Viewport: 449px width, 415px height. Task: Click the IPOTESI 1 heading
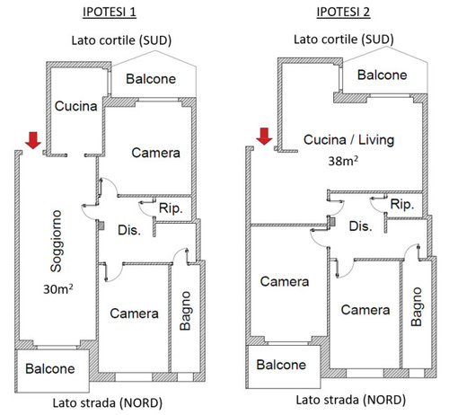[x=110, y=12]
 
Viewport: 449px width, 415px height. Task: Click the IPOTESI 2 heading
[x=343, y=12]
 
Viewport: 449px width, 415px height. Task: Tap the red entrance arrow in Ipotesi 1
[x=33, y=140]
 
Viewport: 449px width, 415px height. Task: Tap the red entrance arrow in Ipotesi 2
[x=264, y=137]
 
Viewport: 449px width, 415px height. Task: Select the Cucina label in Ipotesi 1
[x=76, y=106]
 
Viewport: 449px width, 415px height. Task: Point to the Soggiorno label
[x=56, y=241]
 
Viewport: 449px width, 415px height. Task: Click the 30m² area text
[x=58, y=289]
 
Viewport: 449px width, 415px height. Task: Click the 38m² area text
[x=343, y=161]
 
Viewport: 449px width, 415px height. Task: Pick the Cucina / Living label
[x=348, y=140]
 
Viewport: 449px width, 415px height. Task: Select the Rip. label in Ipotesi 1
[x=171, y=208]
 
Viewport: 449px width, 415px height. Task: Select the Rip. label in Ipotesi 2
[x=402, y=205]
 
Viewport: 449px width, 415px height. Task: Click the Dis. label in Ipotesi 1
[x=129, y=230]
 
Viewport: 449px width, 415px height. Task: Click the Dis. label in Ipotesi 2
[x=360, y=226]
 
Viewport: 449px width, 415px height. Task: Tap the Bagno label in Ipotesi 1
[x=185, y=311]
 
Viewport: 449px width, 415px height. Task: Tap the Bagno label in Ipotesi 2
[x=417, y=307]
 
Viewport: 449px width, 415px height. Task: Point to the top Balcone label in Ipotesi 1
[x=151, y=79]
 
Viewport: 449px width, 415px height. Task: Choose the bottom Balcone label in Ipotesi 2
[x=281, y=365]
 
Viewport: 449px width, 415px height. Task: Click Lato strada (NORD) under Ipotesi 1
[x=108, y=403]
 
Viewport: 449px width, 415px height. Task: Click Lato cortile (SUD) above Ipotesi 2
[x=344, y=40]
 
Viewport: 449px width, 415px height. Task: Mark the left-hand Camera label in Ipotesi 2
[x=285, y=282]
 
